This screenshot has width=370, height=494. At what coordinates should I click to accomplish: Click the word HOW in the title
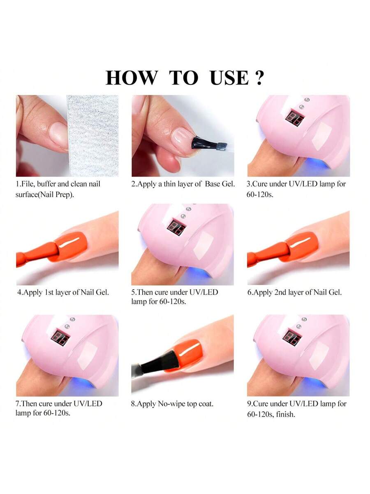(x=132, y=77)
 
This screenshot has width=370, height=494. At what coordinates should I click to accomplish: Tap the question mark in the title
(x=259, y=77)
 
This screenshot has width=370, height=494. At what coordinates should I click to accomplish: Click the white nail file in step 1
(x=93, y=136)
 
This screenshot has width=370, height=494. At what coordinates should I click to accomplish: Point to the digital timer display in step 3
(x=294, y=117)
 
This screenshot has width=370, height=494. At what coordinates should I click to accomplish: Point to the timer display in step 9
(x=292, y=337)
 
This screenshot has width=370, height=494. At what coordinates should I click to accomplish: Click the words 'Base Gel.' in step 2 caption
(x=220, y=184)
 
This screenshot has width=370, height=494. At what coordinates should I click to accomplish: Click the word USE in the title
(x=229, y=77)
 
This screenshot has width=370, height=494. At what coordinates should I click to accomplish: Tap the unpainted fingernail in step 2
(x=183, y=138)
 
